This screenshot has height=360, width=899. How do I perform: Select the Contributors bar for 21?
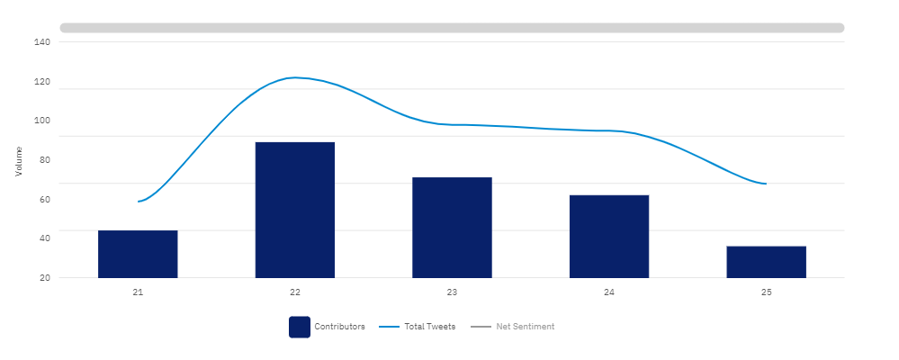[138, 254]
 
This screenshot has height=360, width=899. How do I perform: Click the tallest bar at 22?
[295, 210]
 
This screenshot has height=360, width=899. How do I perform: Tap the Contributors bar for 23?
[452, 227]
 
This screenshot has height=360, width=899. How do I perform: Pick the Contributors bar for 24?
[609, 236]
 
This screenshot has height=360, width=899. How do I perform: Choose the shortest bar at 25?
[766, 262]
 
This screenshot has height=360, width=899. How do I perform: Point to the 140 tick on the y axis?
[42, 41]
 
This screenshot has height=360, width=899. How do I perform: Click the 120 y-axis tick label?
[42, 82]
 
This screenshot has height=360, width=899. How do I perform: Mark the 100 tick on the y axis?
[42, 121]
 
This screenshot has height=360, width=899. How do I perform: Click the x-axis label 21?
[138, 292]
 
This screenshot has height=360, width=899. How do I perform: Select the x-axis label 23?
[452, 292]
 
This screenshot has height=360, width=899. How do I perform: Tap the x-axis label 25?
[766, 292]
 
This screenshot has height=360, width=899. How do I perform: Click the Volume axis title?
[19, 160]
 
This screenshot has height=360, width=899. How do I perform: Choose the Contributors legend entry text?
[339, 327]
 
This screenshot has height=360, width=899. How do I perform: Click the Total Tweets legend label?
[430, 327]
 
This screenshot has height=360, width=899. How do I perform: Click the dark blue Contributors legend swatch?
[300, 327]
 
